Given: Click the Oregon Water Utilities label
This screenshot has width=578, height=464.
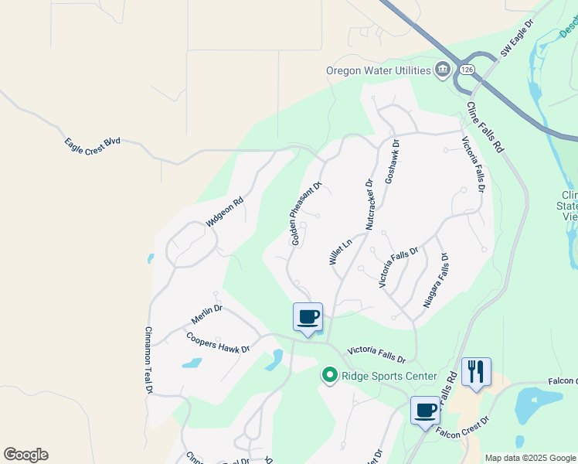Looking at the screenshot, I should [x=378, y=71].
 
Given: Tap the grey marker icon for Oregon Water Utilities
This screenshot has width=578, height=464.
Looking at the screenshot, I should [x=443, y=70].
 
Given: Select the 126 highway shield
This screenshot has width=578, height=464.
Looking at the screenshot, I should [x=466, y=70].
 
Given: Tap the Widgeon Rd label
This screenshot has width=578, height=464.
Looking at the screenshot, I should [x=225, y=212].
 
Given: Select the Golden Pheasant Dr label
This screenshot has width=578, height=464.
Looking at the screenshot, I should [x=305, y=214].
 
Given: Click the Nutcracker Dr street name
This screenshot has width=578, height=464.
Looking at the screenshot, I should [x=369, y=205].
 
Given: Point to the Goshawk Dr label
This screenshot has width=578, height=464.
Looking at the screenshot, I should [x=392, y=160].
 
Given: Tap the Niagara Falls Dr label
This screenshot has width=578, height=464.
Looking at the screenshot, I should [x=436, y=280].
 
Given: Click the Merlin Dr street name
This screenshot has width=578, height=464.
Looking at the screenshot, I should [x=206, y=313].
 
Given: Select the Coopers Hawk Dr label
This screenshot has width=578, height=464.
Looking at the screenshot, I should [x=218, y=343].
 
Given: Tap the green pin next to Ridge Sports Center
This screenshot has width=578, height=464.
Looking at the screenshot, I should [x=329, y=376].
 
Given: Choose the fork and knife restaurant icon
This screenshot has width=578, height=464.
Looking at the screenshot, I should [x=476, y=372].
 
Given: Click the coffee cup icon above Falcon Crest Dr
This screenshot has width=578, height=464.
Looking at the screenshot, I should [x=425, y=409].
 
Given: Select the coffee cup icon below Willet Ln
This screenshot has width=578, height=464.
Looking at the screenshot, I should [x=308, y=316].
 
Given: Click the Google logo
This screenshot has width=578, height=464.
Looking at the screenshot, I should [x=25, y=455].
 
